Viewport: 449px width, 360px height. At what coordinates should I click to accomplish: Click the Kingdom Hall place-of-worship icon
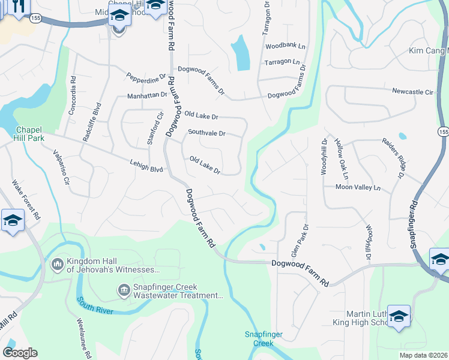pyautogui.click(x=58, y=264)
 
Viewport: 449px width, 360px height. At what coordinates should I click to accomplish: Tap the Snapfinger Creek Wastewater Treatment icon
pyautogui.click(x=124, y=291)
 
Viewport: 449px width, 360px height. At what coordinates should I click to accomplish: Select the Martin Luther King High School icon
pyautogui.click(x=399, y=317)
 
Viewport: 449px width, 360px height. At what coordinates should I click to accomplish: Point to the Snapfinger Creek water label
pyautogui.click(x=259, y=339)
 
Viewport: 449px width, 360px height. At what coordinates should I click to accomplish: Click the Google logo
pyautogui.click(x=20, y=353)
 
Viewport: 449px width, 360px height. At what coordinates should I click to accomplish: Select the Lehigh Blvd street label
pyautogui.click(x=146, y=166)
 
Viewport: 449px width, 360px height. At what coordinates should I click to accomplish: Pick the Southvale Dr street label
pyautogui.click(x=206, y=133)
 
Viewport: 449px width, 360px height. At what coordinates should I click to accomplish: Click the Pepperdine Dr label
pyautogui.click(x=146, y=78)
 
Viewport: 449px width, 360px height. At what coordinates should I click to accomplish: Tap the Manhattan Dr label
pyautogui.click(x=146, y=95)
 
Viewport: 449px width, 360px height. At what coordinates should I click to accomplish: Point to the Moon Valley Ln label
pyautogui.click(x=358, y=188)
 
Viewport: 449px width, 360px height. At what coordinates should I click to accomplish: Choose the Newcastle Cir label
pyautogui.click(x=412, y=92)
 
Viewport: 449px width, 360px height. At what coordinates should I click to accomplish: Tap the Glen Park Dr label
pyautogui.click(x=299, y=241)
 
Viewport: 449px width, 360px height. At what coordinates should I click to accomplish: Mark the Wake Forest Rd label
pyautogui.click(x=26, y=199)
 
